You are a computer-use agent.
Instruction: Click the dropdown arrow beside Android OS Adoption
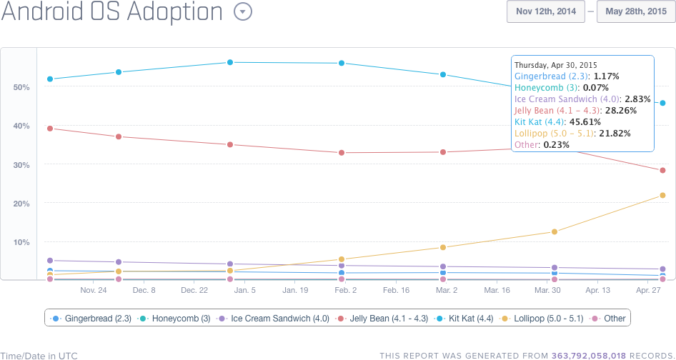244,12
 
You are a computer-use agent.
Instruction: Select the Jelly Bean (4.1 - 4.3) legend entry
385,319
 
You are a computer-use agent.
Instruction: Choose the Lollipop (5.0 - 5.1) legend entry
540,319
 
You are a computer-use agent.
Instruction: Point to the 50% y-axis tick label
21,87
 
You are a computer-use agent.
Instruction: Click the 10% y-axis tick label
21,242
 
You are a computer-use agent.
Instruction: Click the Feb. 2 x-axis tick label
345,291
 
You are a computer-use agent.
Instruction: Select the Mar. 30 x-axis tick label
547,291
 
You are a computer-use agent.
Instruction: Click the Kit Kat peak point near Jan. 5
230,62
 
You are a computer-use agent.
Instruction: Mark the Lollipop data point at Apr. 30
662,195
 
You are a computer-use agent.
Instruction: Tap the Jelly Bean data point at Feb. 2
342,152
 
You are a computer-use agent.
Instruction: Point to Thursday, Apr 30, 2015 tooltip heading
556,64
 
